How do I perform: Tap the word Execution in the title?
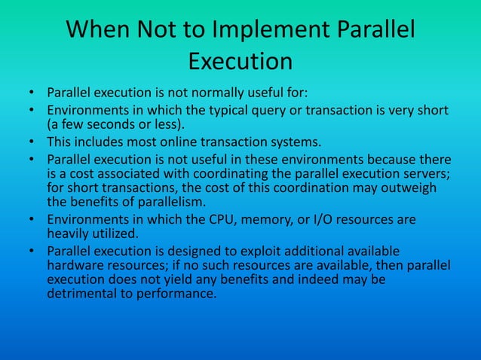(240, 60)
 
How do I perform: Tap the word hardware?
(75, 265)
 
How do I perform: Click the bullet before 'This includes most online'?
(32, 142)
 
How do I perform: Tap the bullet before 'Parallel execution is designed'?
(32, 251)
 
